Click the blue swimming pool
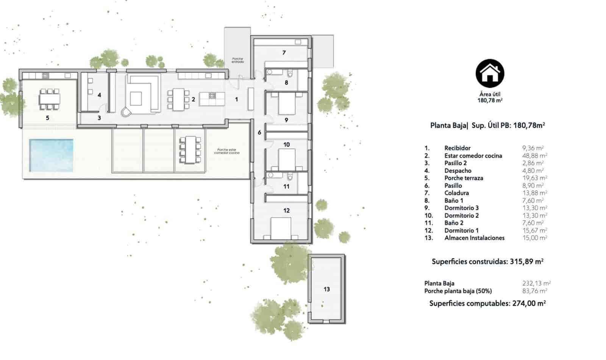click(51, 155)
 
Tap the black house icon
click(490, 74)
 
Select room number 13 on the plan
click(326, 289)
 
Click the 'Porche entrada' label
click(237, 60)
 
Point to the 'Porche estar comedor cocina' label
click(227, 151)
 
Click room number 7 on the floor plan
click(284, 53)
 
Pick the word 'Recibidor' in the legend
click(458, 148)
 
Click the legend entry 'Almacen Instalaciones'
click(475, 238)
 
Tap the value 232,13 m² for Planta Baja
click(536, 283)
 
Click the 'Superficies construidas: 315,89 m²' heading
click(487, 261)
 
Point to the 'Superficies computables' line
click(487, 304)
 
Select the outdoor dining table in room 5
click(49, 99)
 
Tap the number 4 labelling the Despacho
click(99, 95)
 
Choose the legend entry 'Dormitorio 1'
click(462, 230)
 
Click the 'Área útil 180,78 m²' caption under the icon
click(490, 97)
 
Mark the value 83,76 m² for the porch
click(534, 291)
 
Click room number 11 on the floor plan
click(286, 186)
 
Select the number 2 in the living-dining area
click(194, 99)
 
